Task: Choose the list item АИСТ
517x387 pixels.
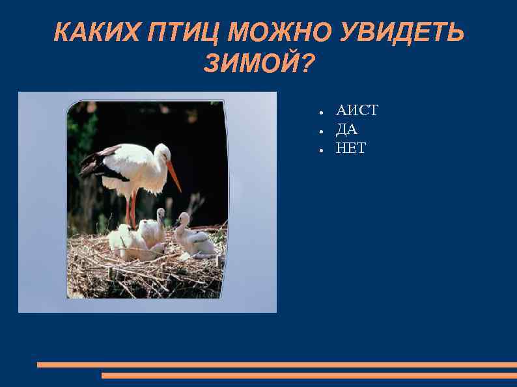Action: pyautogui.click(x=356, y=111)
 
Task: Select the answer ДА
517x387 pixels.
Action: pyautogui.click(x=346, y=129)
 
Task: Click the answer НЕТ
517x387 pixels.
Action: pyautogui.click(x=350, y=148)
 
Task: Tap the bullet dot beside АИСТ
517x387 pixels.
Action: pyautogui.click(x=322, y=111)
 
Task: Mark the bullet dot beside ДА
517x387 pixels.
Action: pyautogui.click(x=322, y=130)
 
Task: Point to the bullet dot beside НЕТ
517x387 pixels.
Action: pyautogui.click(x=322, y=149)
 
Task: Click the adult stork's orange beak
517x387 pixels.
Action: pyautogui.click(x=173, y=175)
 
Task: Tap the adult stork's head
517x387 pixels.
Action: pyautogui.click(x=162, y=153)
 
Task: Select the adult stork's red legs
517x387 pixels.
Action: pyautogui.click(x=132, y=208)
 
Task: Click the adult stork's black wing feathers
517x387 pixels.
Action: pyautogui.click(x=98, y=163)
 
